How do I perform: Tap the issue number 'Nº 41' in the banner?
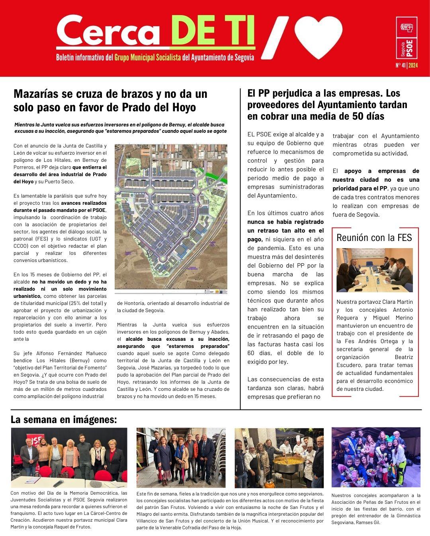[401, 65]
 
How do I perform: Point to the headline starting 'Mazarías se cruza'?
[110, 100]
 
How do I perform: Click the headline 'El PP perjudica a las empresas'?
[327, 105]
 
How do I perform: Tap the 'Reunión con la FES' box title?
[374, 238]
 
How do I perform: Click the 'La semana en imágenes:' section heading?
[64, 419]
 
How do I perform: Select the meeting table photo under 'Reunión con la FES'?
[375, 270]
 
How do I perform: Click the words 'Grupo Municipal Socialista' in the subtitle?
[148, 57]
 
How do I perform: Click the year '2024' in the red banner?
[413, 65]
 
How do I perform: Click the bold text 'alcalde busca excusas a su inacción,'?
[178, 339]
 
